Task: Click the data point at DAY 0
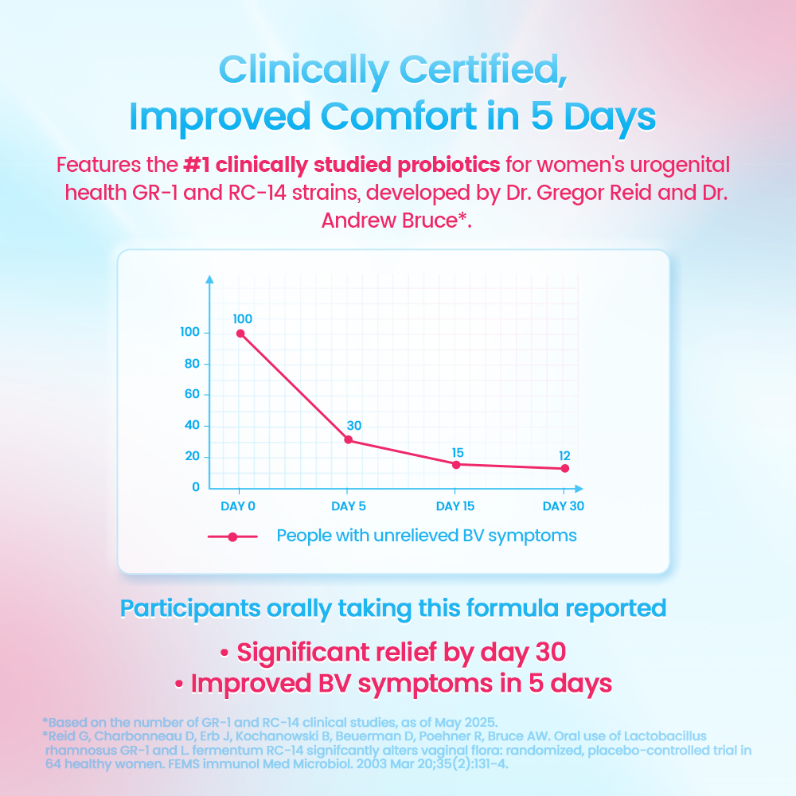240,334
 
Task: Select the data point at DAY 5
348,440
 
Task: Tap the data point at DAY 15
456,464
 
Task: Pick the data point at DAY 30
565,468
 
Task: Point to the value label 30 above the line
353,426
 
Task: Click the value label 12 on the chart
564,455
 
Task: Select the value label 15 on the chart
457,451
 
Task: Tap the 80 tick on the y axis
191,364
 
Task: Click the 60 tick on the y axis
191,395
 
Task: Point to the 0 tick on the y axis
196,487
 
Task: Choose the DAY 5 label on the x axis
349,506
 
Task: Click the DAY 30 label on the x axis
564,506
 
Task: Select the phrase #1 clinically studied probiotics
341,165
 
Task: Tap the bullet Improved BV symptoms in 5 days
393,684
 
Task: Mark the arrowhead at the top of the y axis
209,279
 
